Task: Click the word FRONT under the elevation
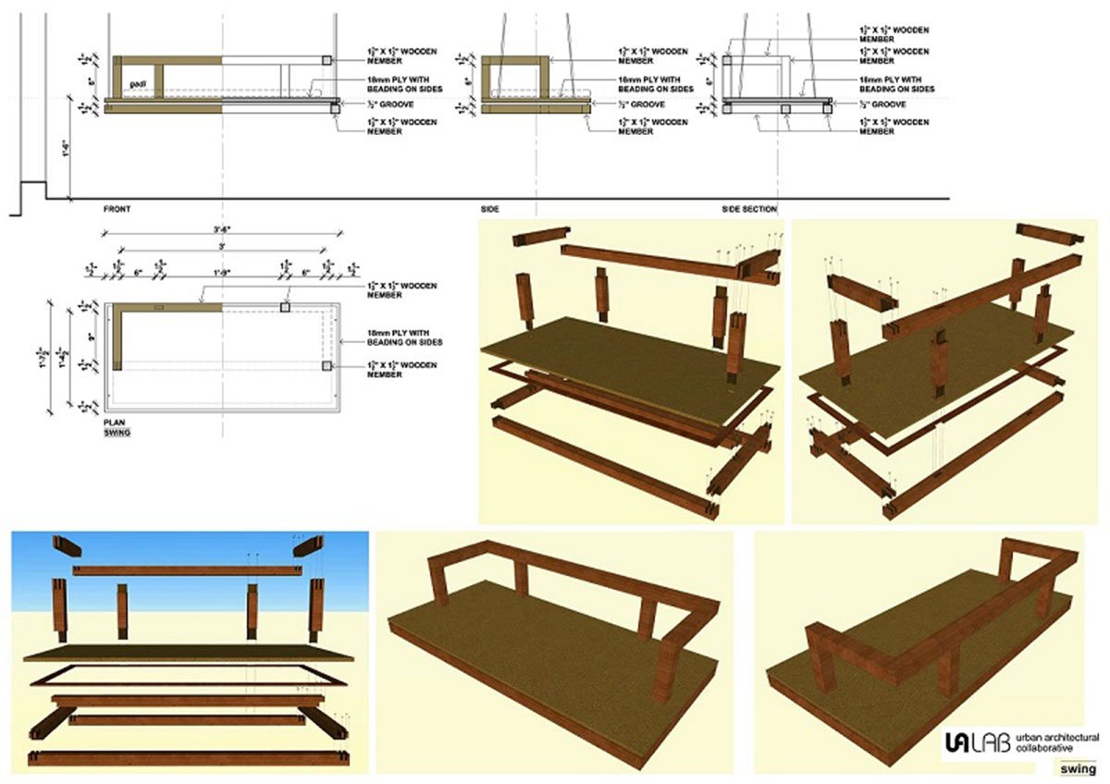(117, 210)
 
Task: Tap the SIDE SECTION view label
(749, 210)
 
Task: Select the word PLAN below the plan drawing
(114, 422)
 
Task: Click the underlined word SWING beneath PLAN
(117, 432)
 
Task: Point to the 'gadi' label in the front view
(139, 84)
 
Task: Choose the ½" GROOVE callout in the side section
(879, 103)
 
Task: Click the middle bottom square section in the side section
(784, 108)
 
